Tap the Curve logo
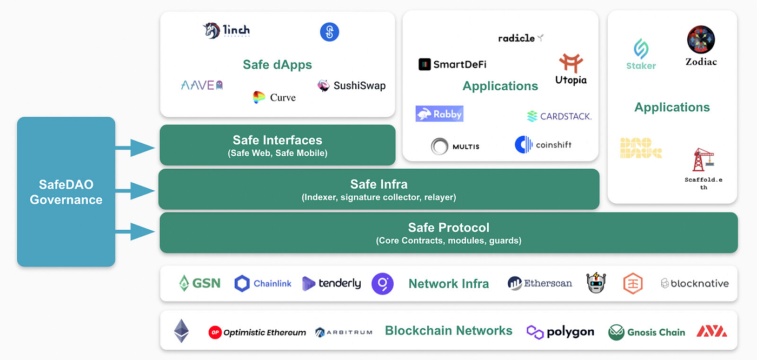pos(260,97)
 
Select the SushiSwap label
pos(359,85)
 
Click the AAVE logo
pos(202,85)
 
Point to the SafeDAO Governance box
pos(66,192)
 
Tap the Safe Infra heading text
pos(378,184)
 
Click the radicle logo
pos(521,38)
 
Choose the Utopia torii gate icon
pos(570,63)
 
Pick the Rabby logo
pos(439,114)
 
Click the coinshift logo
pos(543,145)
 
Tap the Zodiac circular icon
pos(701,39)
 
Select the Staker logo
pos(641,54)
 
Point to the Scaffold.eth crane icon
pos(703,159)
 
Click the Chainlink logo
pos(263,283)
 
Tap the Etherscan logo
pos(540,283)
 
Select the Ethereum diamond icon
pos(181,331)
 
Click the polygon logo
pos(560,332)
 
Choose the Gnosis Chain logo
pos(647,332)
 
